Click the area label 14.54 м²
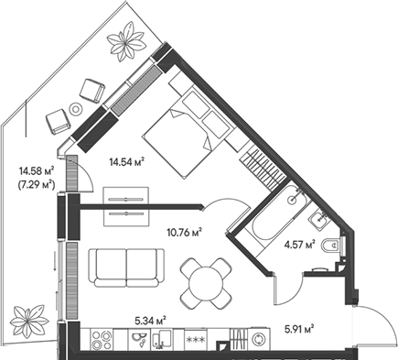tap(126, 161)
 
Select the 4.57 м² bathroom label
tap(300, 245)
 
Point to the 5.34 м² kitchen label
tap(148, 321)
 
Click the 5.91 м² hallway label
tap(298, 327)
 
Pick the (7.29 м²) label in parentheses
tap(36, 184)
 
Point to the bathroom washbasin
tap(317, 218)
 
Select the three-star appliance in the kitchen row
tap(194, 339)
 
